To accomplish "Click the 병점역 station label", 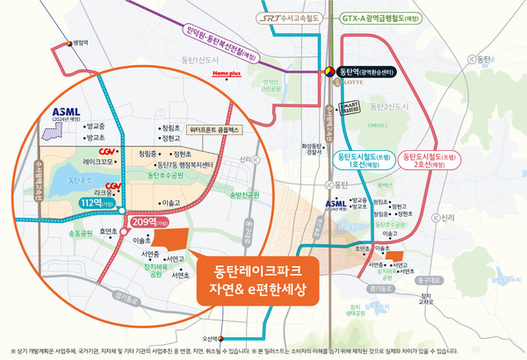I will tap(82, 40).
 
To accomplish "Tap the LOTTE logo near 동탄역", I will tap(337, 86).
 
